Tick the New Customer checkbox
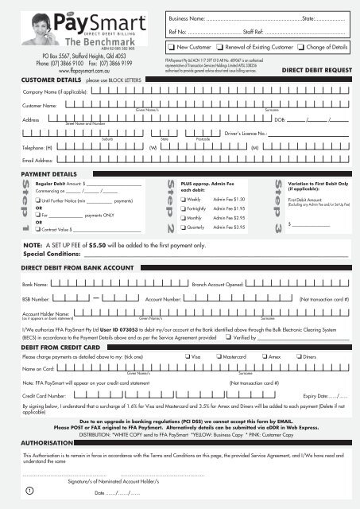pyautogui.click(x=172, y=48)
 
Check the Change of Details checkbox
pyautogui.click(x=300, y=48)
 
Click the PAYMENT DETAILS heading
pyautogui.click(x=48, y=173)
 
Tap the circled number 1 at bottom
pyautogui.click(x=29, y=490)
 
